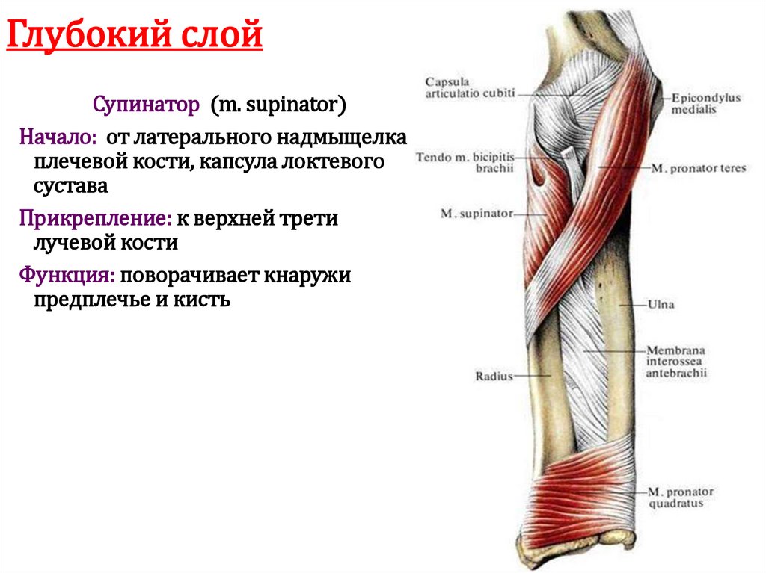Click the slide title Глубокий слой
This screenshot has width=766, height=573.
(x=135, y=35)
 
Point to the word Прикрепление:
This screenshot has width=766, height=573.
(x=96, y=219)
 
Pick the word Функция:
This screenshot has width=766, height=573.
(x=67, y=276)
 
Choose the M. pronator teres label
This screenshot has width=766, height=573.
(x=699, y=169)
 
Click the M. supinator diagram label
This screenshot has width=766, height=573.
(x=476, y=214)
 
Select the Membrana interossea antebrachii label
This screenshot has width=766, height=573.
(x=678, y=361)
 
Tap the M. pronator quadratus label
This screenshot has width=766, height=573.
(x=681, y=498)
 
